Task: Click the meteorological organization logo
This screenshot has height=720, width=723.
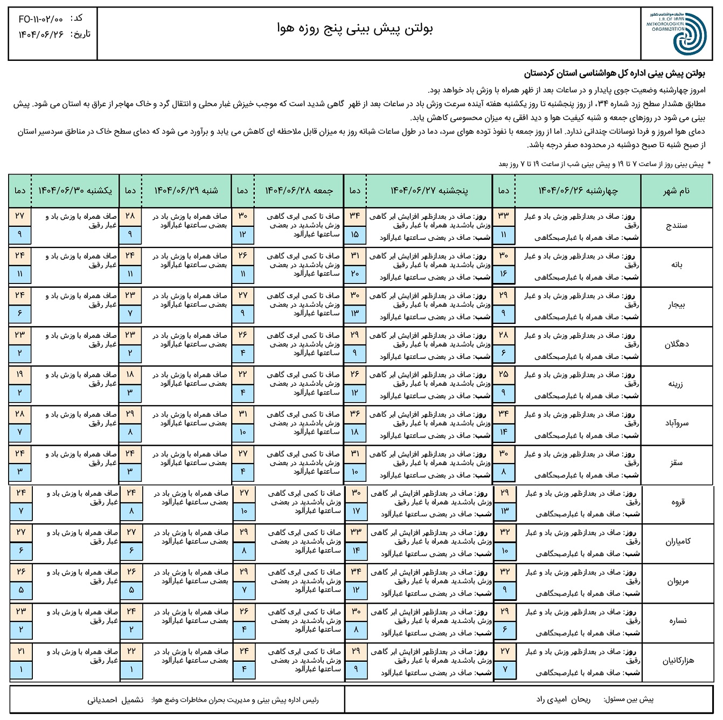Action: pyautogui.click(x=676, y=33)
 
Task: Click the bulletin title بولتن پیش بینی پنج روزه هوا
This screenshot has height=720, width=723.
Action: pyautogui.click(x=356, y=28)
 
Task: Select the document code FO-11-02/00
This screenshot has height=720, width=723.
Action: pyautogui.click(x=40, y=19)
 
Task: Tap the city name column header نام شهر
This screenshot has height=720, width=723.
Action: pyautogui.click(x=676, y=191)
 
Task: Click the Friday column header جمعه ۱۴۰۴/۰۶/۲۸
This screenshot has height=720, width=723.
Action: pyautogui.click(x=299, y=191)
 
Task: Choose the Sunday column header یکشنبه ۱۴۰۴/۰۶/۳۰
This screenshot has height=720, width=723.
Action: pyautogui.click(x=75, y=191)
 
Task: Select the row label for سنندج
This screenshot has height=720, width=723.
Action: pyautogui.click(x=676, y=225)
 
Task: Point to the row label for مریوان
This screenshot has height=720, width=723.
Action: pyautogui.click(x=678, y=581)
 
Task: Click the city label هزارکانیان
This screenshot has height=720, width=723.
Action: pyautogui.click(x=678, y=661)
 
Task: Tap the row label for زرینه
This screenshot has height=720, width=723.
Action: pyautogui.click(x=676, y=384)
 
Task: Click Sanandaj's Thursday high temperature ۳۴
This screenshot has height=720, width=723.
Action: pyautogui.click(x=354, y=216)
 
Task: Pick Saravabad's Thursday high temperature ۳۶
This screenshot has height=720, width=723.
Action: pyautogui.click(x=354, y=414)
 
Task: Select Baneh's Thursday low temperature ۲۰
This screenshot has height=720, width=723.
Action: pyautogui.click(x=354, y=274)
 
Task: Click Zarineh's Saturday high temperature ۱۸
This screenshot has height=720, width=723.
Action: pyautogui.click(x=130, y=375)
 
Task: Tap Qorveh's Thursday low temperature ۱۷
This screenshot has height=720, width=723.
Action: pyautogui.click(x=356, y=511)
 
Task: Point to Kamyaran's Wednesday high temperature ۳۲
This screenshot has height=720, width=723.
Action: pyautogui.click(x=505, y=532)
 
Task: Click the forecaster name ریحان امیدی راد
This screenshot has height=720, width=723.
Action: pyautogui.click(x=563, y=700)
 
